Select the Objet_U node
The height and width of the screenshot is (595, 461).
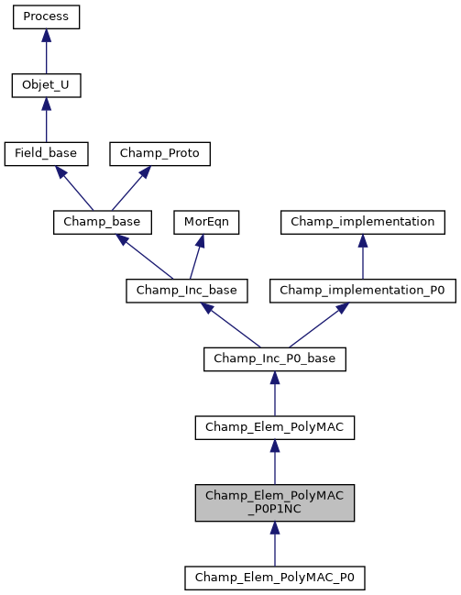pyautogui.click(x=46, y=86)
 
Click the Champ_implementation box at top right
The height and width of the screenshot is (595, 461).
pyautogui.click(x=363, y=222)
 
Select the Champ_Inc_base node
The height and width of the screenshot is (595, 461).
pyautogui.click(x=181, y=291)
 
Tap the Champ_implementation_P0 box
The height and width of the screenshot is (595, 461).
pyautogui.click(x=362, y=291)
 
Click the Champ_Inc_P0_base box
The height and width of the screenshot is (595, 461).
pyautogui.click(x=274, y=358)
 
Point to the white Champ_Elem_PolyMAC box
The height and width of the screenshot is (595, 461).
pyautogui.click(x=274, y=426)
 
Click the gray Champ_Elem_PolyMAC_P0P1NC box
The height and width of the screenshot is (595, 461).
pyautogui.click(x=274, y=502)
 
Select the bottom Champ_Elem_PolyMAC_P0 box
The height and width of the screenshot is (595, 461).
pyautogui.click(x=274, y=578)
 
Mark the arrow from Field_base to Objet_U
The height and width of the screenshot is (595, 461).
pyautogui.click(x=46, y=120)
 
